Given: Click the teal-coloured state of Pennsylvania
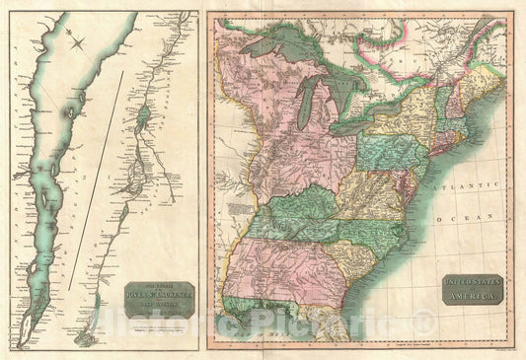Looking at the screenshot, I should (x=394, y=150).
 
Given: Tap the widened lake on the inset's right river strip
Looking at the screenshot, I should (x=145, y=116).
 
